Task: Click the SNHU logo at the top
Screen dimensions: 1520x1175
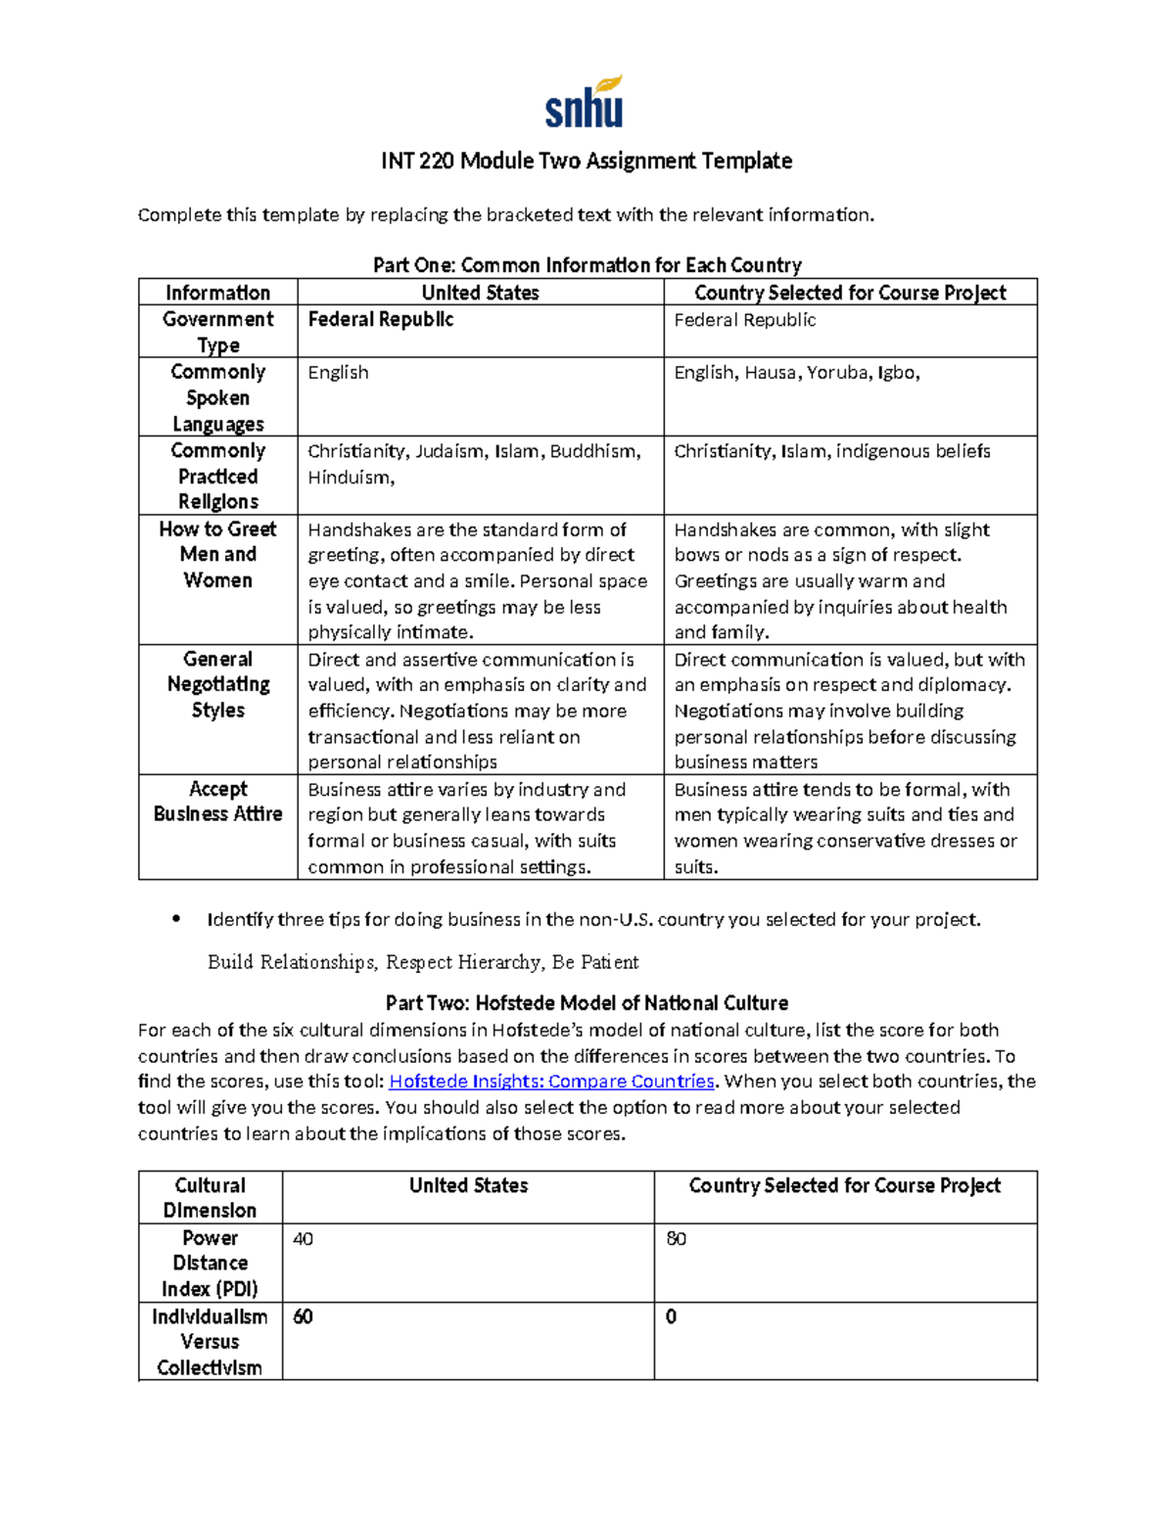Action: click(585, 103)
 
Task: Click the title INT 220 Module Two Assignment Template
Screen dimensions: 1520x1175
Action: click(587, 161)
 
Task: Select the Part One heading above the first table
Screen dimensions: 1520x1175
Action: click(587, 265)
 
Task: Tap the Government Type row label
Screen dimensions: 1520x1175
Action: click(217, 332)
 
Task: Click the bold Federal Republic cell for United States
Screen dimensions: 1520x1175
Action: click(381, 320)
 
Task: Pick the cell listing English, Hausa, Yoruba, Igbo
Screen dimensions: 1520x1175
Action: click(797, 373)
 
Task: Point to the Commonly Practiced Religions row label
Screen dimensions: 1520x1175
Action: click(217, 476)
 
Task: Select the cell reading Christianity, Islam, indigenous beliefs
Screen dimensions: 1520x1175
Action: click(831, 451)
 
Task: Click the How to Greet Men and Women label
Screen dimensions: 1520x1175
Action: click(217, 554)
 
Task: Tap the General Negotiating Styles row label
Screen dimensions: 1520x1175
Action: click(217, 684)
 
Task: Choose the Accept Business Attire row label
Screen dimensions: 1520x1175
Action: click(217, 802)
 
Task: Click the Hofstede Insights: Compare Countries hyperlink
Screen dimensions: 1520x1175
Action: click(552, 1082)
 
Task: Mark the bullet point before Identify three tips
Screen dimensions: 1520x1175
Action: click(176, 919)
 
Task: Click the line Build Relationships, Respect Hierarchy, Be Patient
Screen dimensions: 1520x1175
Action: click(423, 962)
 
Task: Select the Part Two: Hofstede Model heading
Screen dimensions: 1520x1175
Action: click(587, 1003)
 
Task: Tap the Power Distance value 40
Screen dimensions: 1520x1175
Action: click(304, 1239)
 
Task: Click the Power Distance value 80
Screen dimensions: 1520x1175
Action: click(676, 1239)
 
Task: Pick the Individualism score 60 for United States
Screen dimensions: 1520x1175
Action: click(304, 1317)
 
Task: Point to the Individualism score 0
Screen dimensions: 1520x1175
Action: click(672, 1317)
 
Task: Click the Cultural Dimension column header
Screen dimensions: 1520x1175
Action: click(210, 1197)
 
